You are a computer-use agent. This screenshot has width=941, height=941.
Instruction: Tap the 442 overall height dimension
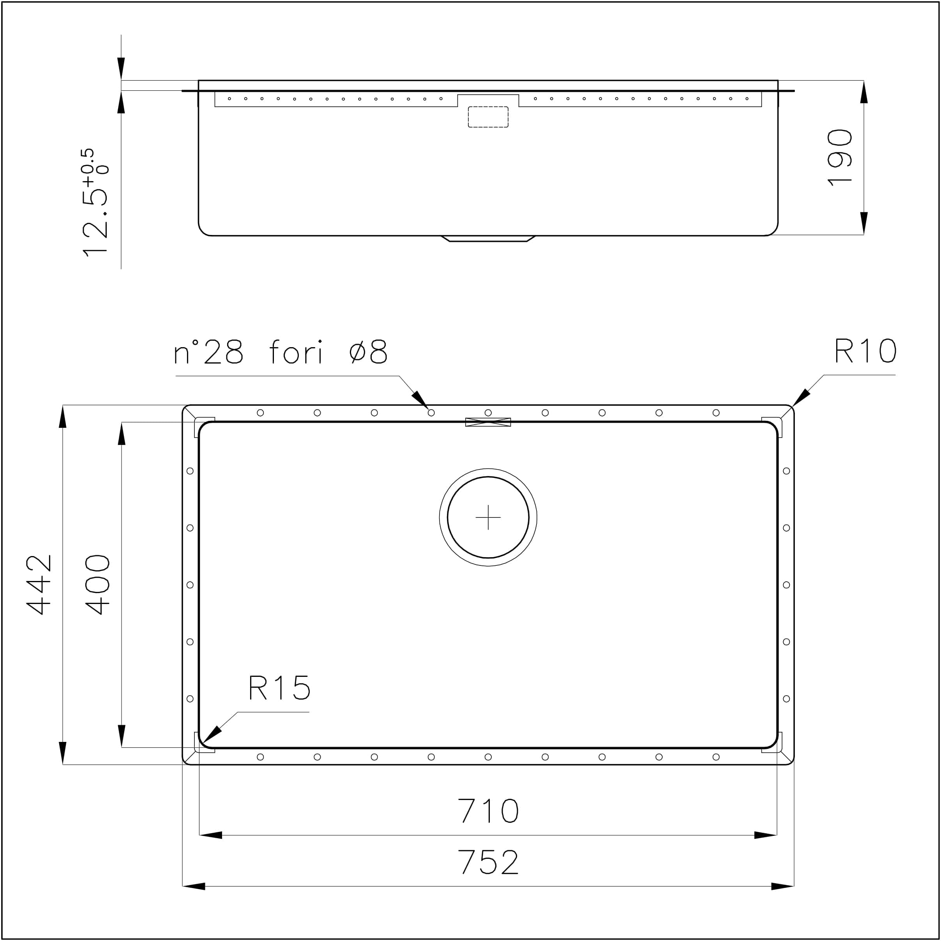[x=39, y=584]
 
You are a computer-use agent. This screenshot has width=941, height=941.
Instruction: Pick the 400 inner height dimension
[x=97, y=584]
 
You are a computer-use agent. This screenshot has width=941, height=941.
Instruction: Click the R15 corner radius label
[x=279, y=688]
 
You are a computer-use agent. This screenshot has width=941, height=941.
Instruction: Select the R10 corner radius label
[x=865, y=351]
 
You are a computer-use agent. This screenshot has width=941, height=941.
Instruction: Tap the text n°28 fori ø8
[x=281, y=351]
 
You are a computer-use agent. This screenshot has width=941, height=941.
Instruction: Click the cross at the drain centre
[x=488, y=517]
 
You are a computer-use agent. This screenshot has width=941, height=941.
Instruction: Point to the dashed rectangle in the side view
[x=488, y=117]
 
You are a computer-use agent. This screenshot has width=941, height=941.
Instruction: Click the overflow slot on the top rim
[x=488, y=422]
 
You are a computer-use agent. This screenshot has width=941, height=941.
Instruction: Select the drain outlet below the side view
[x=488, y=238]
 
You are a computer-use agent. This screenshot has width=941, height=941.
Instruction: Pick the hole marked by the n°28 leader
[x=431, y=413]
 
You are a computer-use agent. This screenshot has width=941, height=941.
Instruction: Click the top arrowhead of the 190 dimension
[x=863, y=93]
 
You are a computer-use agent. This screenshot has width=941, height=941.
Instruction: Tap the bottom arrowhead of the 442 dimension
[x=63, y=752]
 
